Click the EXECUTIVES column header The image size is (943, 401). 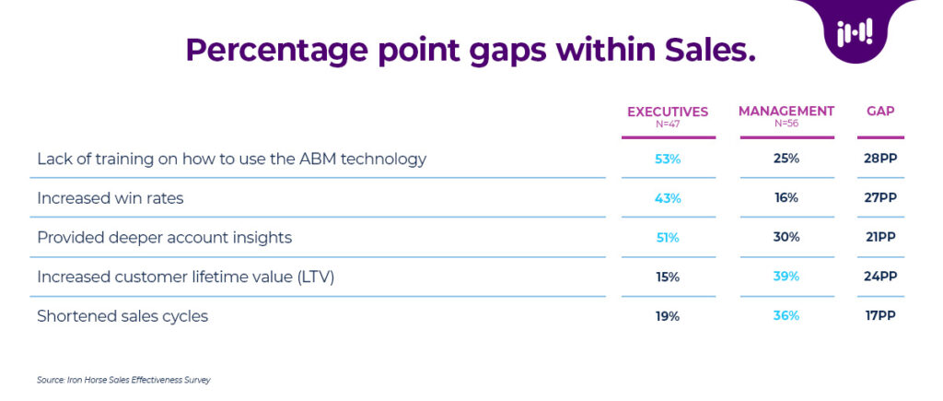click(x=668, y=112)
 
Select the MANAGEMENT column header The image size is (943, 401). click(x=786, y=112)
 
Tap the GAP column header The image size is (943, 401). click(x=880, y=112)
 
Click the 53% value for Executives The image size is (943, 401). click(x=668, y=159)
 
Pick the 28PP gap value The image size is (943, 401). click(x=880, y=159)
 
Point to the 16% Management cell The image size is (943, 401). click(x=786, y=198)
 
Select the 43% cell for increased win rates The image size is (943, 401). click(x=668, y=198)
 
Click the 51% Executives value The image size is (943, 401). click(x=668, y=238)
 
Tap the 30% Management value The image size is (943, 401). click(x=786, y=238)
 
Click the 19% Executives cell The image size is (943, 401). click(x=668, y=316)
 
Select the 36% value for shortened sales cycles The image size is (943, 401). click(x=786, y=316)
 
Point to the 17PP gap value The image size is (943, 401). click(x=880, y=316)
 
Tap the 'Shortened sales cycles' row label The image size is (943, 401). click(x=122, y=316)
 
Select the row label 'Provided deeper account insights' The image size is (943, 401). click(x=164, y=238)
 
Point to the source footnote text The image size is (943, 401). click(x=123, y=379)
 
